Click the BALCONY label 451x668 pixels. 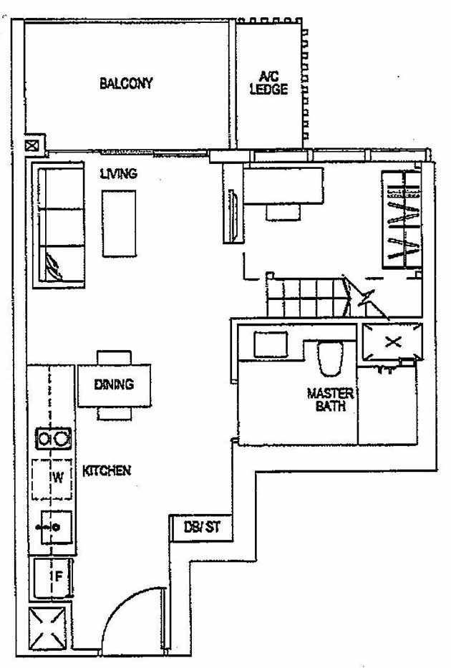tap(126, 83)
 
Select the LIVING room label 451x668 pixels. tap(118, 173)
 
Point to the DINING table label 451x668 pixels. tap(114, 384)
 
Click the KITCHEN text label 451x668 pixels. tap(107, 470)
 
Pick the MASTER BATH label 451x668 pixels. tap(330, 400)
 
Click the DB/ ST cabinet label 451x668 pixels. tap(203, 528)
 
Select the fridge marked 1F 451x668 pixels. tap(52, 578)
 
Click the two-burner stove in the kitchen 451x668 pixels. tap(52, 437)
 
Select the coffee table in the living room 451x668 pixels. tap(119, 223)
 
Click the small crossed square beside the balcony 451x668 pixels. tap(33, 145)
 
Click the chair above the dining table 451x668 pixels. tap(115, 357)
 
